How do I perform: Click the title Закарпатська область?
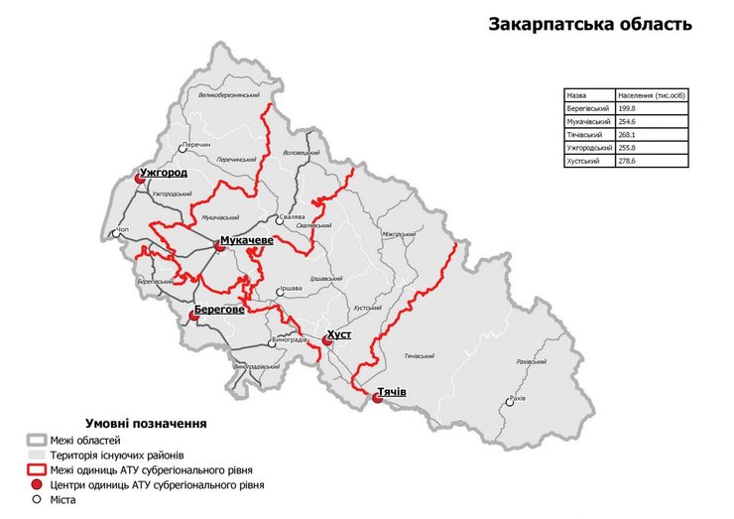(x=589, y=24)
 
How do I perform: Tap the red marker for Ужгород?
(x=140, y=179)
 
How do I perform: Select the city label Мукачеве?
(x=247, y=240)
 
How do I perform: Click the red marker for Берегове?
(x=194, y=317)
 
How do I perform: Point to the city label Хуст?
(x=339, y=334)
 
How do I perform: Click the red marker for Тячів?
(x=378, y=399)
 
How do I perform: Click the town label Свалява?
(x=291, y=215)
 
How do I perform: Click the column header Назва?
(x=575, y=95)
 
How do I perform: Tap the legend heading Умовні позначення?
(x=146, y=423)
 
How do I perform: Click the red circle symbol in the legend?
(x=38, y=485)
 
